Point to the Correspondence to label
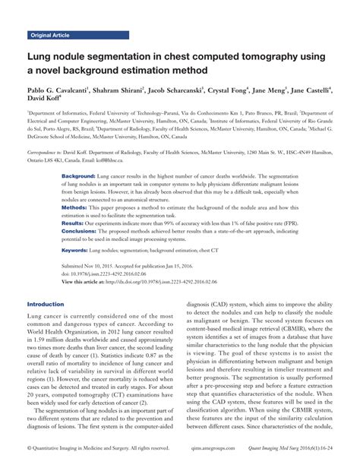pyautogui.click(x=48, y=152)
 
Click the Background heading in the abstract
pyautogui.click(x=77, y=176)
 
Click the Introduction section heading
pyautogui.click(x=46, y=304)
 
